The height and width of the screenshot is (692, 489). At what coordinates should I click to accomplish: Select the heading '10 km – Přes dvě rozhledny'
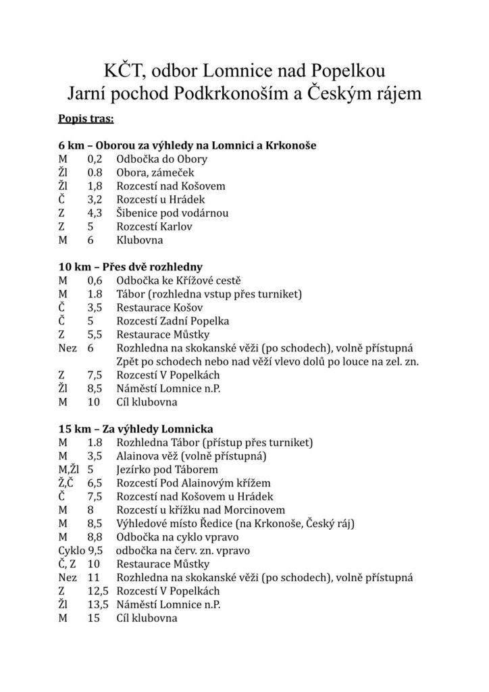pos(131,266)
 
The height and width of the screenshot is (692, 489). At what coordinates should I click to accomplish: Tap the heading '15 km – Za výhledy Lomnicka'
pos(136,429)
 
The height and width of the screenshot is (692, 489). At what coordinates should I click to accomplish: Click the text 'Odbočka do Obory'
pos(161,159)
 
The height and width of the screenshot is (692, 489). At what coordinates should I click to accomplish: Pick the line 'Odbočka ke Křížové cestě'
pos(179,280)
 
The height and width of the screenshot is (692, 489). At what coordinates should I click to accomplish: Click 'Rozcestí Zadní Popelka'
pos(173,321)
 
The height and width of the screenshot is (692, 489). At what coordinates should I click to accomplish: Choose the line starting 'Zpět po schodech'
pos(267,362)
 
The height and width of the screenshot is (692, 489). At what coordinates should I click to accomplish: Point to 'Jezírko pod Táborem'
pos(166,470)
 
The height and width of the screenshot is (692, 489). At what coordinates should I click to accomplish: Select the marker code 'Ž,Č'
pos(66,483)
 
